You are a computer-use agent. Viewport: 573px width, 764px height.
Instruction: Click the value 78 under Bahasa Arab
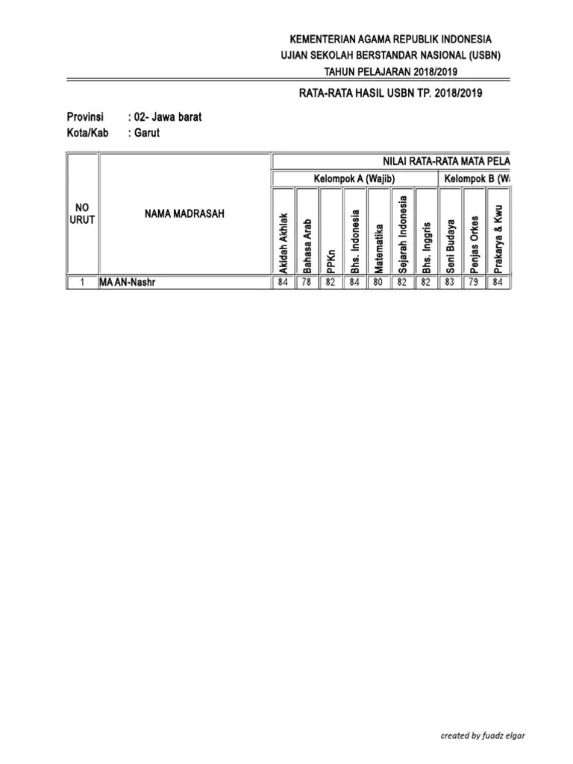[307, 283]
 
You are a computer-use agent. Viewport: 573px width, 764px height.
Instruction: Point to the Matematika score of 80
[379, 283]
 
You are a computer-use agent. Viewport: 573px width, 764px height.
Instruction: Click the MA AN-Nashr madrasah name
[128, 283]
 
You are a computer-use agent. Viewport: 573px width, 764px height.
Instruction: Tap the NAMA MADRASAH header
[184, 214]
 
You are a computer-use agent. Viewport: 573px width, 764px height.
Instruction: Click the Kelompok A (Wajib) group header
[354, 178]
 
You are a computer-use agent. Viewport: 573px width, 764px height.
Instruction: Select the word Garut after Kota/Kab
[147, 133]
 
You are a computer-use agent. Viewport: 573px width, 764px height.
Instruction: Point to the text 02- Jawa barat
[168, 117]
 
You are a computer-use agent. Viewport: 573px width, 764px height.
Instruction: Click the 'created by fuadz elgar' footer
[483, 735]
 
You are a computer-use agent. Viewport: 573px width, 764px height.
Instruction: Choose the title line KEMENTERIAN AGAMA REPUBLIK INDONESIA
[390, 39]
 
